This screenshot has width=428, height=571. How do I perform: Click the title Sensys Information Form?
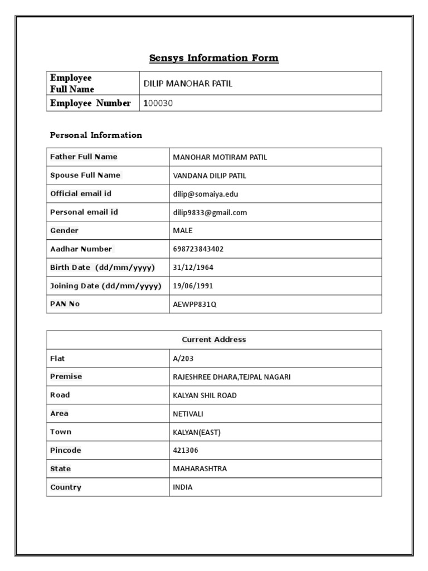[x=214, y=58]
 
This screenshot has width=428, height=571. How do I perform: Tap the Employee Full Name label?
[x=72, y=83]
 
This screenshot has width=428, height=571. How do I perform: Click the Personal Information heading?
[x=96, y=135]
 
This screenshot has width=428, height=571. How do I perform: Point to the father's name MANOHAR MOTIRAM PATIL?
[x=220, y=157]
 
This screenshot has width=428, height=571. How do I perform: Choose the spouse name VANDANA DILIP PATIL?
[x=210, y=176]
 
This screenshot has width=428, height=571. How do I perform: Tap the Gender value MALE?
[x=183, y=231]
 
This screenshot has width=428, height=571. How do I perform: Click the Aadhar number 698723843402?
[x=198, y=249]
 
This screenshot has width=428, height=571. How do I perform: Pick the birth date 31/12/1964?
[x=193, y=268]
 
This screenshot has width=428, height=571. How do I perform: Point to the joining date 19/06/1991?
[x=193, y=286]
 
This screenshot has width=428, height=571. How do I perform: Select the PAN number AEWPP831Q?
[x=194, y=304]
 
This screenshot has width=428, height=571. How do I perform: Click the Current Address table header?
[x=214, y=340]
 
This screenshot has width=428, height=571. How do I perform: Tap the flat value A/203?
[x=183, y=359]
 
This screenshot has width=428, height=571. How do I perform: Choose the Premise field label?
[x=66, y=376]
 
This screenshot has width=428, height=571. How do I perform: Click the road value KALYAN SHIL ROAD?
[x=205, y=395]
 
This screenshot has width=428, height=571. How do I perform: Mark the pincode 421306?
[x=186, y=451]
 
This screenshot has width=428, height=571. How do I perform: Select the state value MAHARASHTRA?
[x=200, y=469]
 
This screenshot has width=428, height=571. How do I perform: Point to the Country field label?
[x=66, y=487]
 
